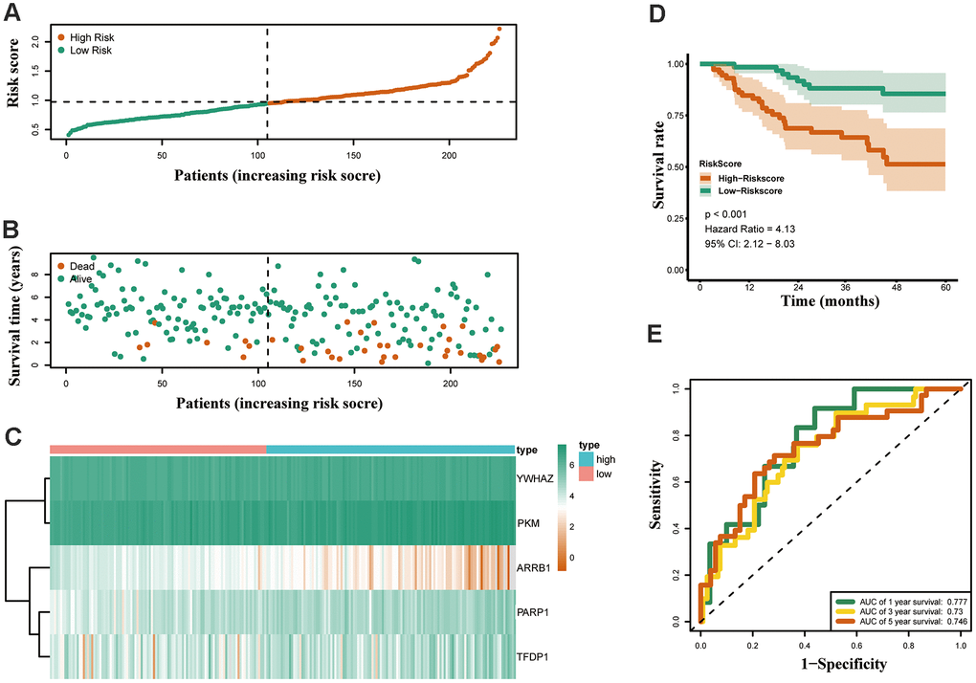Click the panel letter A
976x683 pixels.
15,14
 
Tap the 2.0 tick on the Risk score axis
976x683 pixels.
35,40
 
